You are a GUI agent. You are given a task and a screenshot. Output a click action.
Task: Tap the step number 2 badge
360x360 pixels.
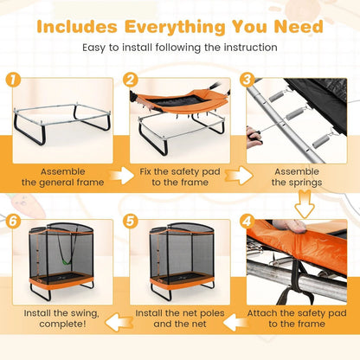[131, 80]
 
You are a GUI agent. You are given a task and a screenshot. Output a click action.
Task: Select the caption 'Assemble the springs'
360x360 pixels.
[298, 177]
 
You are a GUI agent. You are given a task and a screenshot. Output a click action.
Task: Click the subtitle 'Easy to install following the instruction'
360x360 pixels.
[180, 47]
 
